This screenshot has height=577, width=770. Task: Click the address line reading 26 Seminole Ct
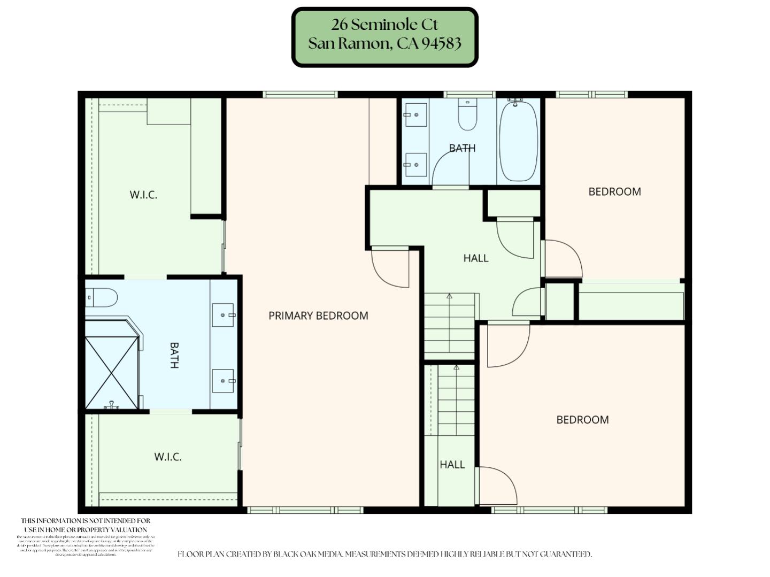click(x=384, y=25)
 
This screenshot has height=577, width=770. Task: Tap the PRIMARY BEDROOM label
click(x=318, y=316)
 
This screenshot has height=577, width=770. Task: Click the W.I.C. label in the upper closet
click(x=143, y=195)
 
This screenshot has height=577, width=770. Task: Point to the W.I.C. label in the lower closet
click(x=168, y=457)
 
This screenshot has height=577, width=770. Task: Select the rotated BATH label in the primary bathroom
click(x=174, y=355)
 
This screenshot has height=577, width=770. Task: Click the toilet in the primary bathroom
click(x=102, y=298)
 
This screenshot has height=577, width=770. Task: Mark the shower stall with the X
click(x=112, y=372)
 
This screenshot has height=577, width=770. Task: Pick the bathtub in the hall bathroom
click(x=518, y=141)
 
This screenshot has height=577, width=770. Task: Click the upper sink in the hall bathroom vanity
click(x=416, y=114)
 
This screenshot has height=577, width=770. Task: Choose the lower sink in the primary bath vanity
click(x=223, y=381)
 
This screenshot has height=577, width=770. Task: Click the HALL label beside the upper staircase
click(x=475, y=258)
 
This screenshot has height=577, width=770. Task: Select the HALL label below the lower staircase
click(x=452, y=465)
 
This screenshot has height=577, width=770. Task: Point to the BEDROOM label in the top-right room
click(x=614, y=191)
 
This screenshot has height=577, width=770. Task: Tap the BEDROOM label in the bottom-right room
click(x=582, y=420)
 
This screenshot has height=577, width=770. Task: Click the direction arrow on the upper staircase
click(x=449, y=296)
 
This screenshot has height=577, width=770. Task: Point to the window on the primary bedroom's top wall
click(x=300, y=95)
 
